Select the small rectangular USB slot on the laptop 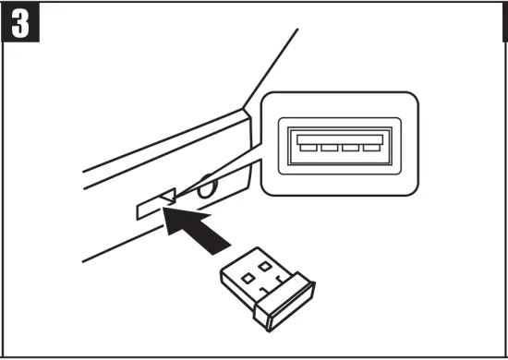(x=153, y=206)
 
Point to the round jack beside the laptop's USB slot (x=205, y=189)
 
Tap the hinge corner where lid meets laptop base (x=246, y=110)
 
